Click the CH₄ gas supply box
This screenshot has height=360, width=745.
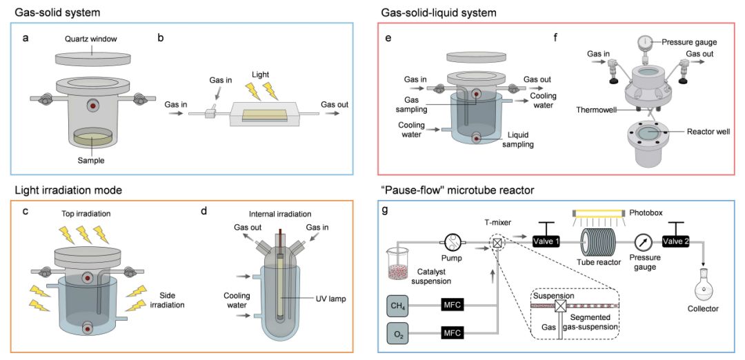398,307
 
